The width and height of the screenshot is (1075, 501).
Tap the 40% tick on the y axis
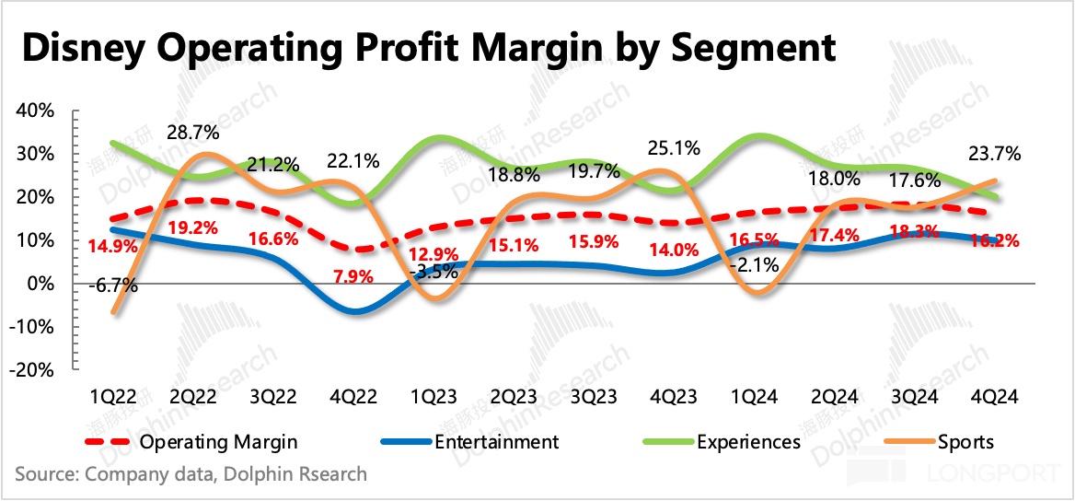tap(36, 111)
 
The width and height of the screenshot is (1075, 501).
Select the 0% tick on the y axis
tap(41, 284)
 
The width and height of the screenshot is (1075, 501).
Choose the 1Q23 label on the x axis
tap(432, 397)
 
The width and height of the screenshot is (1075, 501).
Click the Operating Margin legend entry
tap(218, 442)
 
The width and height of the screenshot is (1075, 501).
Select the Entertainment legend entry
tap(496, 442)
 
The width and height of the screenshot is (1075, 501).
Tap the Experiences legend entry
tap(748, 442)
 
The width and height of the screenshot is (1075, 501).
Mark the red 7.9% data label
tap(352, 277)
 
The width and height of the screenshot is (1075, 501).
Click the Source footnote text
tap(191, 475)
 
